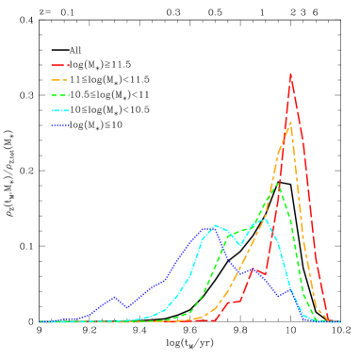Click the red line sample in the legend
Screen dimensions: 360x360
tap(59, 66)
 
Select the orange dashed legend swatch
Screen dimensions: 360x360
tap(59, 81)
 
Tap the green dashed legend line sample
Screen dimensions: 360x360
tap(59, 96)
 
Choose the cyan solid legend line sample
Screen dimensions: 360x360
tap(59, 111)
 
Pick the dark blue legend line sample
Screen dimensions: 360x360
tap(59, 125)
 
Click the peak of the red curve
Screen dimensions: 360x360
tap(290, 74)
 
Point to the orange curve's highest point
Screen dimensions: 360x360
tap(290, 123)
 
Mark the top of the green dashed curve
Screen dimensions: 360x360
tap(277, 184)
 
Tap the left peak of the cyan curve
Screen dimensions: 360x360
tap(216, 225)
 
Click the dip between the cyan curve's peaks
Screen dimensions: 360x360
tap(240, 245)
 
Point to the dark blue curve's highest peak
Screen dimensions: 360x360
tap(205, 228)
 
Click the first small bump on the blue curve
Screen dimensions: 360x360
tap(114, 297)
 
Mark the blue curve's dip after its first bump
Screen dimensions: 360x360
tap(127, 307)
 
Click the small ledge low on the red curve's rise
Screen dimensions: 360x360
tap(235, 302)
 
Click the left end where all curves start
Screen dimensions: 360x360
tap(41, 321)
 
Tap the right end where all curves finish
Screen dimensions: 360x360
tap(339, 321)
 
